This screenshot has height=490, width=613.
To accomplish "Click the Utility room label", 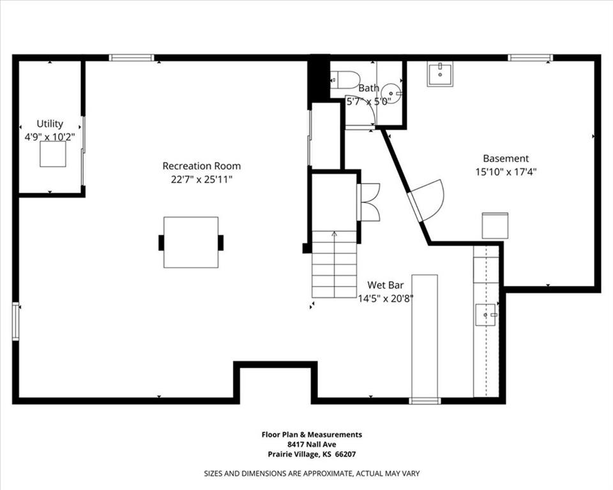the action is (x=50, y=124).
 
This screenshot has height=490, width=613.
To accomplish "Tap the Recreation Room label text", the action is (x=201, y=166).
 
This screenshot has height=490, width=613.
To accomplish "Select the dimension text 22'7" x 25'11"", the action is (x=201, y=180).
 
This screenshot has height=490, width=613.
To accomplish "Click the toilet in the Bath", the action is (x=344, y=79).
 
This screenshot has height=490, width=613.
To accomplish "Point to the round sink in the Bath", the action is (x=391, y=94).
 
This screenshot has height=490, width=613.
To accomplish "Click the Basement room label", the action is (x=506, y=158).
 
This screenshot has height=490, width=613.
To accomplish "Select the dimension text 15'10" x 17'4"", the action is (x=506, y=172).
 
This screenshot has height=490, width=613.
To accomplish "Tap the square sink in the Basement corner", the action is (x=440, y=74).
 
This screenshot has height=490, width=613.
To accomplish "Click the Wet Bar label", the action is (x=386, y=285).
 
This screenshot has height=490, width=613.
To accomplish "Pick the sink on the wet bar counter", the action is (x=486, y=315).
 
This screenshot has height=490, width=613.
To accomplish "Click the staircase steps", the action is (x=334, y=264).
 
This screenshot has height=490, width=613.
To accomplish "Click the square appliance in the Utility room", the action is (x=53, y=154).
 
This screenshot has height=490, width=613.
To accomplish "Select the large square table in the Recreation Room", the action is (x=191, y=242).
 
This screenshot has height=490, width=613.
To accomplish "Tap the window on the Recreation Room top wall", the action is (x=132, y=58).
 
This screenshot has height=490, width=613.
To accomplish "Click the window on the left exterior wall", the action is (x=15, y=321).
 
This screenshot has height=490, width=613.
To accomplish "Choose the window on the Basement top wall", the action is (x=531, y=58).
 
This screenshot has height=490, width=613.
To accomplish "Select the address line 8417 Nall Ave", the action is (x=312, y=444).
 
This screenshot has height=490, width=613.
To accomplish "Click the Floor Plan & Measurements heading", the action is (x=312, y=434).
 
